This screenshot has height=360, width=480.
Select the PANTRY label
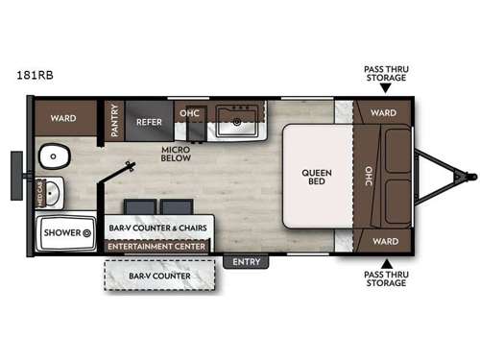113,121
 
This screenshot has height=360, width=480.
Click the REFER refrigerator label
149,122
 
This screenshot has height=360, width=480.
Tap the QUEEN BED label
318,180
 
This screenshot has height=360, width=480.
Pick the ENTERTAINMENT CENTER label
159,247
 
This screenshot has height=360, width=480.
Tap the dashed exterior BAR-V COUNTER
160,276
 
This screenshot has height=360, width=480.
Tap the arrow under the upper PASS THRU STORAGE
385,88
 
